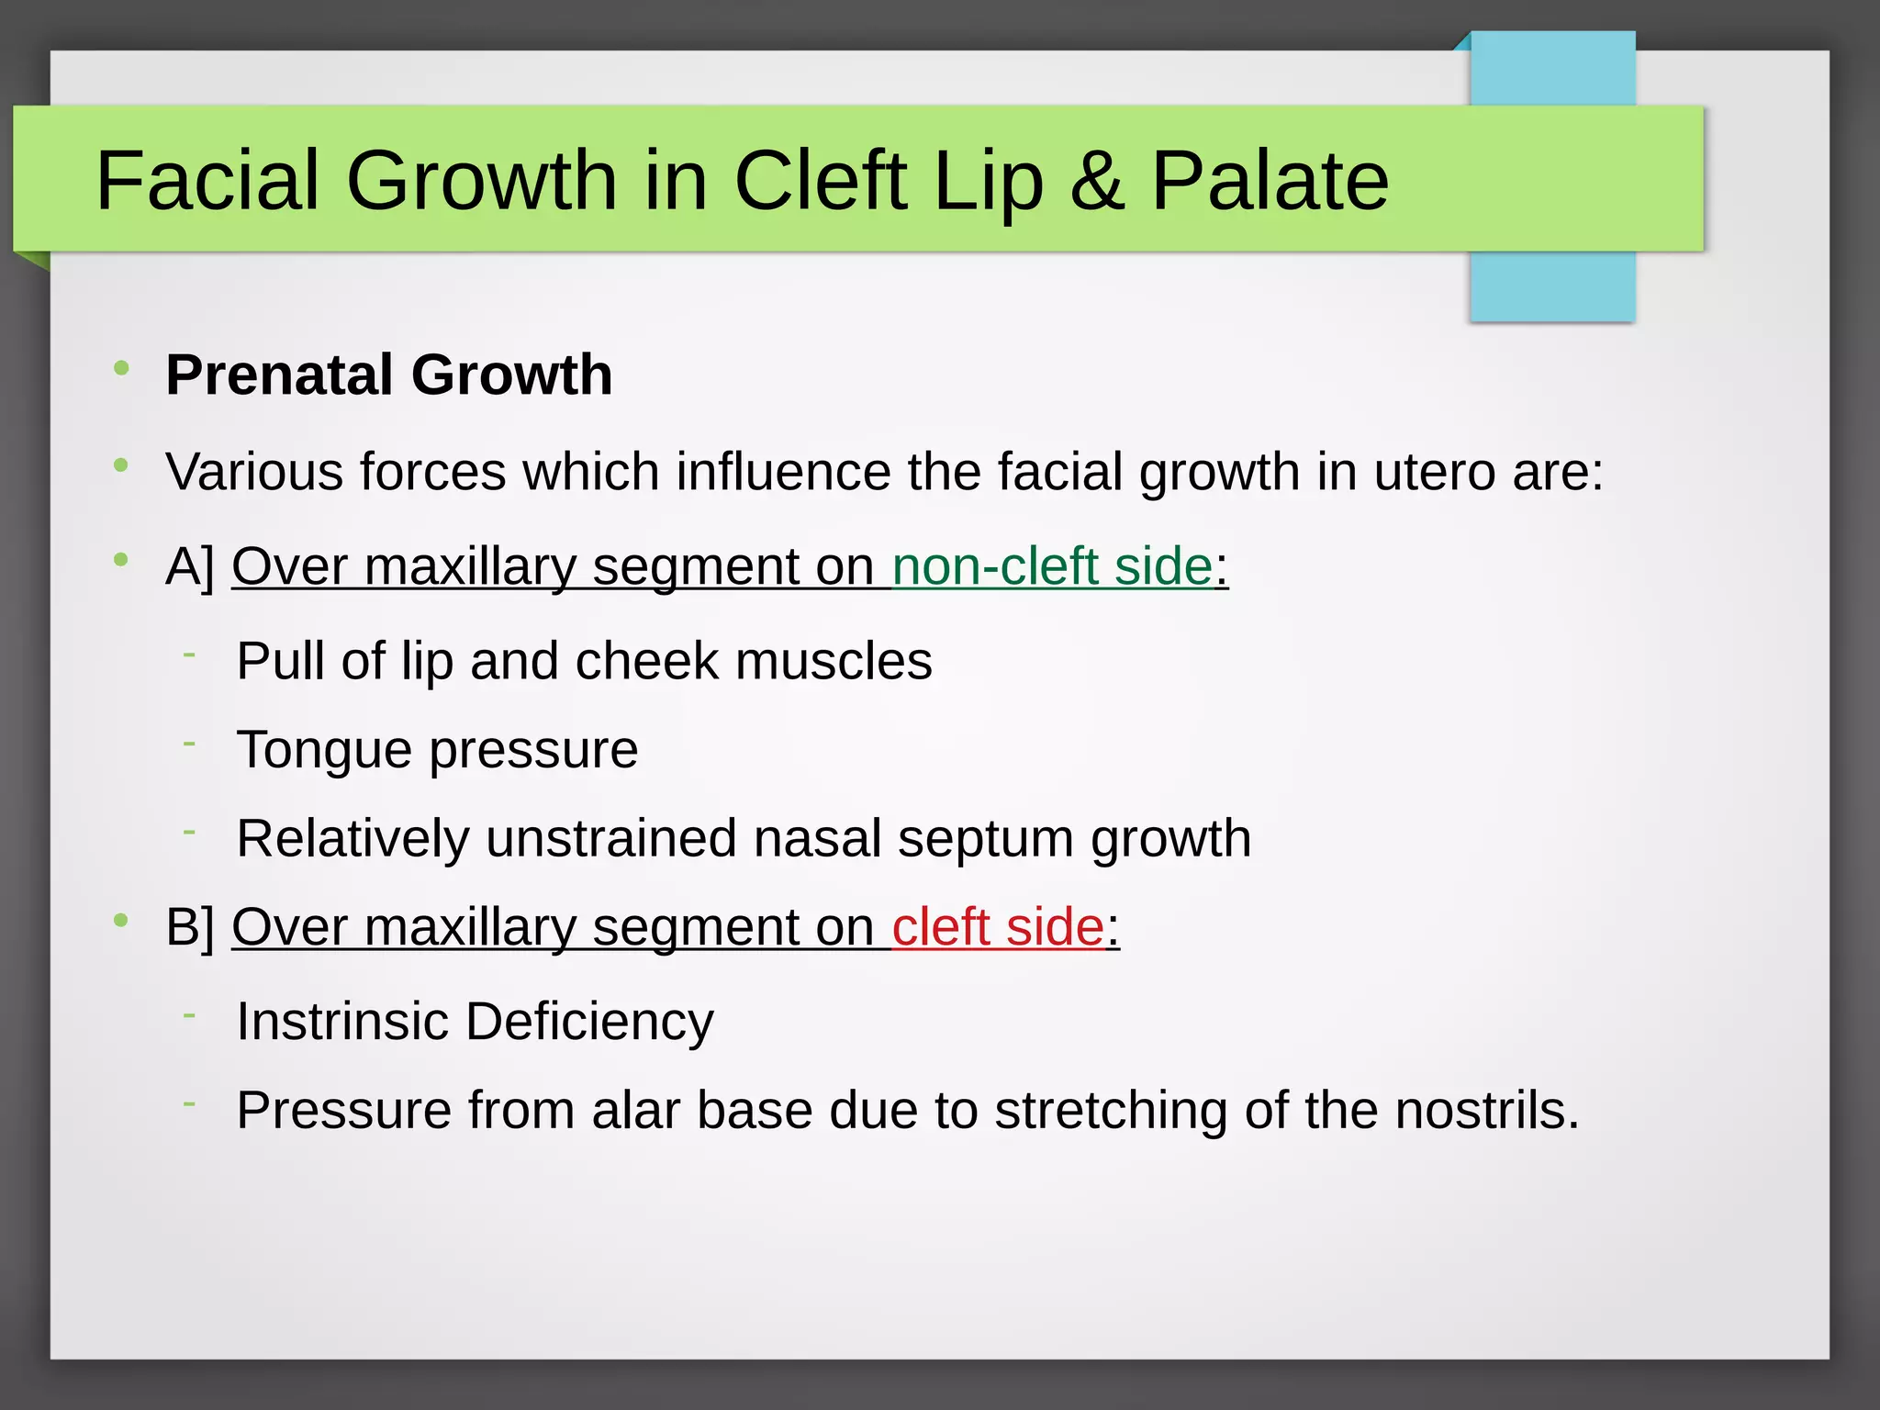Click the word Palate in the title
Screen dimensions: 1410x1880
[x=1270, y=180]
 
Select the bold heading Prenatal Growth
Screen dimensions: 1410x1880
[x=389, y=375]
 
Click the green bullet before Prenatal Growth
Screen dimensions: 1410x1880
[x=121, y=369]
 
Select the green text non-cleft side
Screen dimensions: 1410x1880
[x=1052, y=566]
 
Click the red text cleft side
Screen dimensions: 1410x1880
[x=997, y=927]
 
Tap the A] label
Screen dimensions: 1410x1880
[x=190, y=566]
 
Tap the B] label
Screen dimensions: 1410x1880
[x=190, y=927]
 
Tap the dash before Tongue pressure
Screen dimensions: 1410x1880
[x=189, y=744]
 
